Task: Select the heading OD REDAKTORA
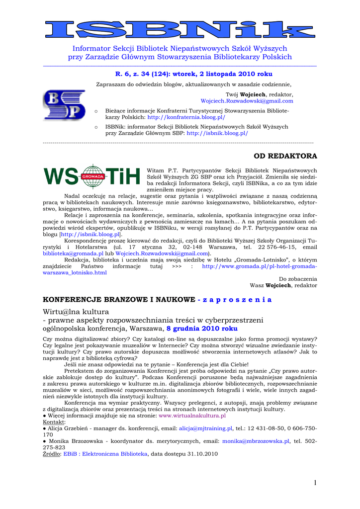point(285,156)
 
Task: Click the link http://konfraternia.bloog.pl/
point(186,117)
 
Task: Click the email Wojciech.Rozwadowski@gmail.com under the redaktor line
point(247,101)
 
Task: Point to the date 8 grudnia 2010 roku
point(202,329)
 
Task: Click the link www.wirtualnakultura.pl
point(192,416)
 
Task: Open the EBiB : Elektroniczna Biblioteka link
point(105,454)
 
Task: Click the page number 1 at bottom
point(315,483)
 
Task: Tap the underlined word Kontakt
point(54,422)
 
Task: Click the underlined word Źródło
point(52,454)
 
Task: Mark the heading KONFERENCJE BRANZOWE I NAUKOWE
point(119,300)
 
